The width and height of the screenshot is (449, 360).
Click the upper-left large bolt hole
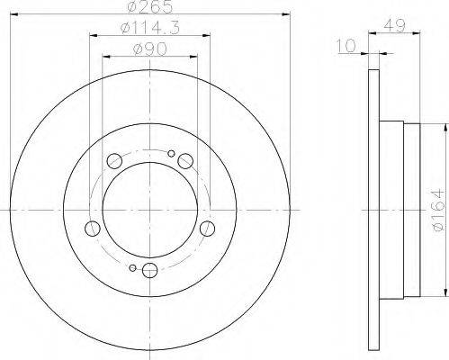[x=115, y=161]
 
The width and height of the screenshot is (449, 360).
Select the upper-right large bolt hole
[x=184, y=160]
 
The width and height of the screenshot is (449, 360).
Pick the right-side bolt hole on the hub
[x=206, y=227]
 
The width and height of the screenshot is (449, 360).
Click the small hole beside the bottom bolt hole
[x=132, y=267]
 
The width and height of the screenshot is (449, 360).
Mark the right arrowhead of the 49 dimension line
[x=423, y=33]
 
